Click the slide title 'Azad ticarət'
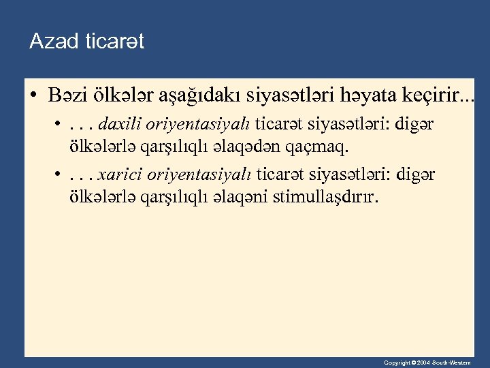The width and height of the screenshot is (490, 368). click(x=86, y=42)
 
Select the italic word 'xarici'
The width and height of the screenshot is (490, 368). click(x=116, y=176)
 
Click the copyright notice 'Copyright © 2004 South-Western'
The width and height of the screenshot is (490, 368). click(x=426, y=363)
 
